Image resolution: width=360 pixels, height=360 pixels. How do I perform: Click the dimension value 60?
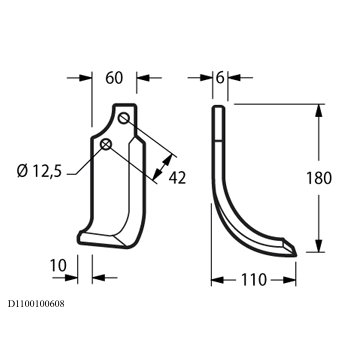114,78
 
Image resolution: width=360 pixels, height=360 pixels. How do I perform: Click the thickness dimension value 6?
220,78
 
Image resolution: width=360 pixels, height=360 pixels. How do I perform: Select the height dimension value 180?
319,178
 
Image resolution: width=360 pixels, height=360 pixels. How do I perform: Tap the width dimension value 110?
254,280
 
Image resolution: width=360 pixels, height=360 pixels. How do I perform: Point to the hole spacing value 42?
177,178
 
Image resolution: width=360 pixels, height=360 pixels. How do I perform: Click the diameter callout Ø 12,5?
39,171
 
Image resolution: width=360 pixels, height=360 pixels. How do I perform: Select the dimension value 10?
58,266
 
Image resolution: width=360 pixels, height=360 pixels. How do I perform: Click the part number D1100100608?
36,304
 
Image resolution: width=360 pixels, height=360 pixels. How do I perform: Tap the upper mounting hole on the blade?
124,118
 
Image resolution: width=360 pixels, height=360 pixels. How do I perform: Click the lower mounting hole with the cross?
106,144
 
